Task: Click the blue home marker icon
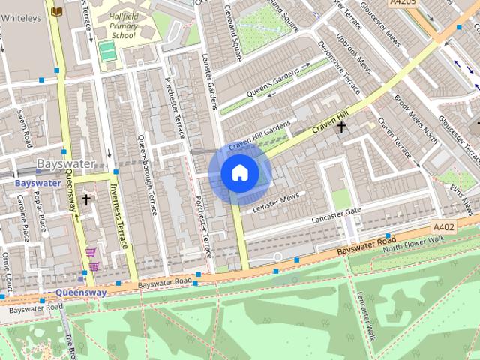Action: click(239, 173)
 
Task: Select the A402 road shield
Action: click(444, 226)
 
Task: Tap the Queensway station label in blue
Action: click(81, 292)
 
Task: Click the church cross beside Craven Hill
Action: click(341, 127)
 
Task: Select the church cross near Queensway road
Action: click(86, 199)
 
